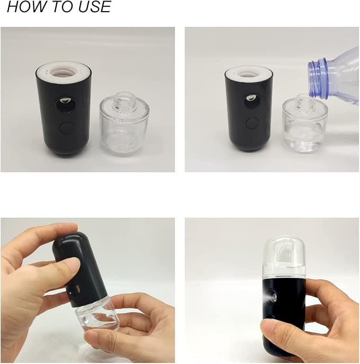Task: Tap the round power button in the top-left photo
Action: [67, 128]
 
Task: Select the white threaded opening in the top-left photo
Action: [63, 73]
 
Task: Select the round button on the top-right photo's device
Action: [252, 123]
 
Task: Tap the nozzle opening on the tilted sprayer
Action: [78, 289]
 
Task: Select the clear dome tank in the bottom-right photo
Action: [285, 258]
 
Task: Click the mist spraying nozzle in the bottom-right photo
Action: [271, 297]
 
